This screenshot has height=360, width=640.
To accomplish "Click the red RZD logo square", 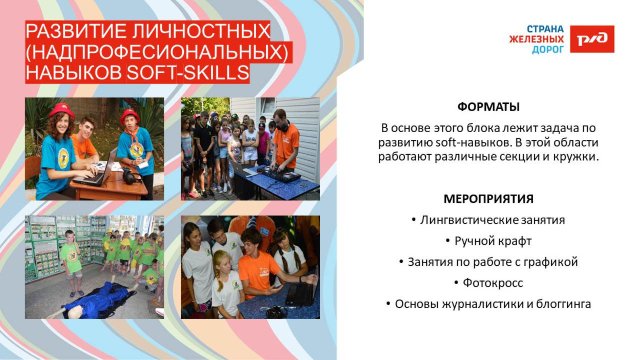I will tap(592, 39).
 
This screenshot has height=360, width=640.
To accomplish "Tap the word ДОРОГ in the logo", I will tap(547, 50).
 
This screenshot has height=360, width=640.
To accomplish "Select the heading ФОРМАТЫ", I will tap(488, 107).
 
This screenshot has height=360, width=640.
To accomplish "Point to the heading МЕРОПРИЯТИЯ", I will tap(488, 199).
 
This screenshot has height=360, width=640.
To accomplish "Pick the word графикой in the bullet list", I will tap(553, 262).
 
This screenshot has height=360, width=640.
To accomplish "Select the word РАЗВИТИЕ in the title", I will tap(73, 31).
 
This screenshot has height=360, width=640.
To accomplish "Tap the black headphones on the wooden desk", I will tap(129, 177).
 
